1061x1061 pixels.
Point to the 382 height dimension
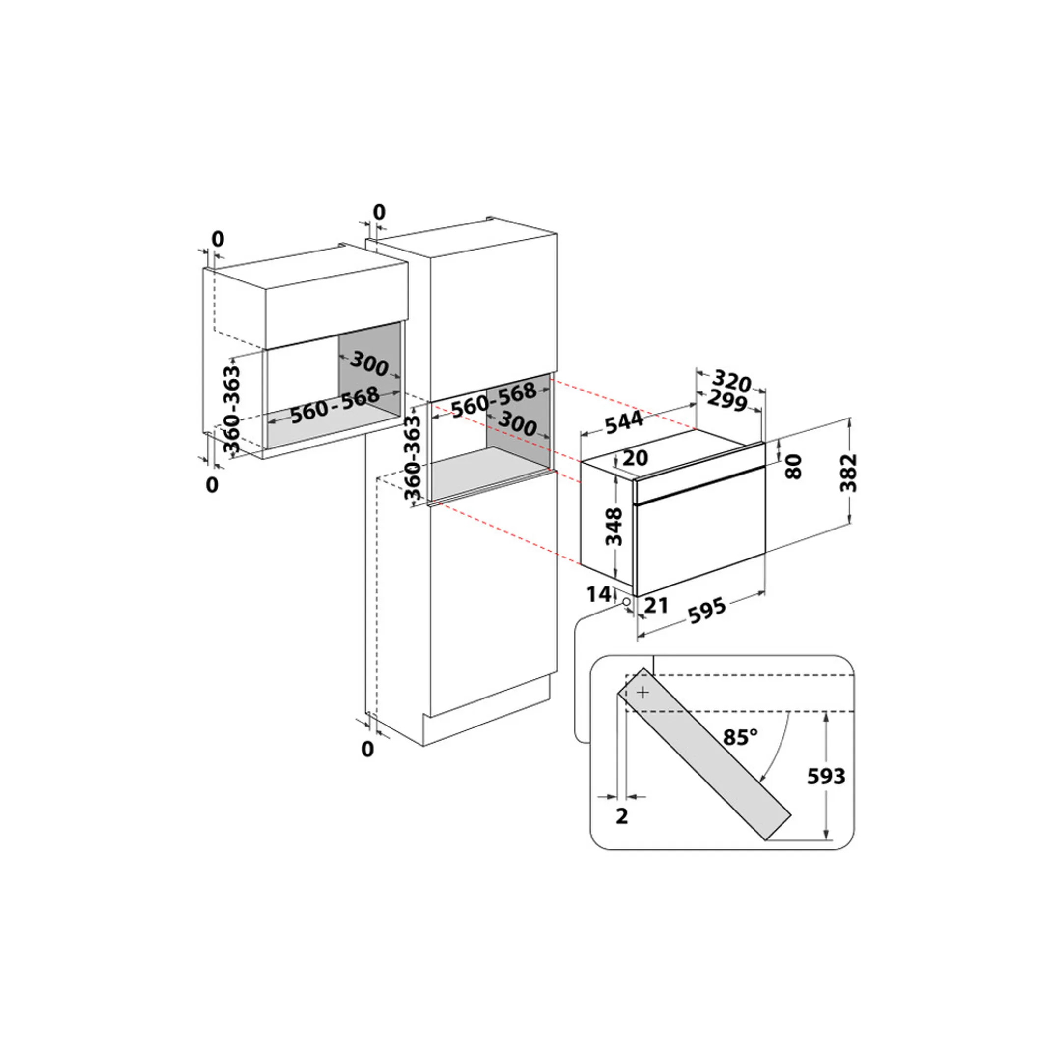click(x=848, y=472)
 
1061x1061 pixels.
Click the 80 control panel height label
click(x=794, y=466)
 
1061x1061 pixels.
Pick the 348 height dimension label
click(x=614, y=526)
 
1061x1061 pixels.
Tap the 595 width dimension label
click(x=708, y=610)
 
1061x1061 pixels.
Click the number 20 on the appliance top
click(x=636, y=457)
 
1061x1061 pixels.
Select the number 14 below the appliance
click(x=599, y=594)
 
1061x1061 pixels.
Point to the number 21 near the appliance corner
click(x=656, y=605)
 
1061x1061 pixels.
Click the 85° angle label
click(x=740, y=737)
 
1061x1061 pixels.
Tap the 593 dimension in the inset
click(x=825, y=776)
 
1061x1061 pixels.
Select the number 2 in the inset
click(x=622, y=816)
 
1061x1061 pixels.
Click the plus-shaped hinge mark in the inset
click(x=643, y=693)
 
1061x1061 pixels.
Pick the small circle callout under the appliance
click(x=626, y=602)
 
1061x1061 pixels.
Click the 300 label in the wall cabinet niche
click(x=369, y=363)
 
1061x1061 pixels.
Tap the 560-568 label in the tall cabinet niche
click(x=493, y=399)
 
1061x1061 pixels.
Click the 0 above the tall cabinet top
click(x=379, y=211)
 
